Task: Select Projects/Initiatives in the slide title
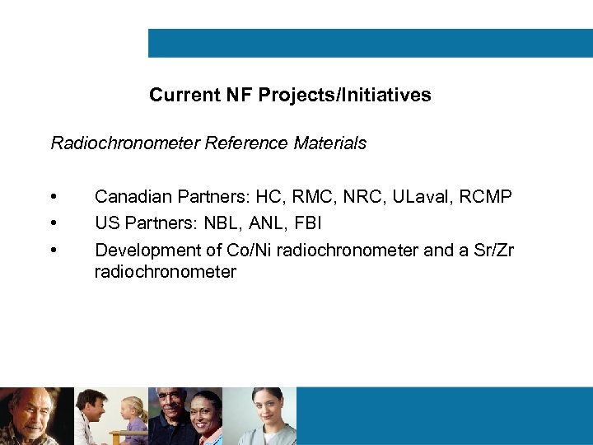(344, 96)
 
